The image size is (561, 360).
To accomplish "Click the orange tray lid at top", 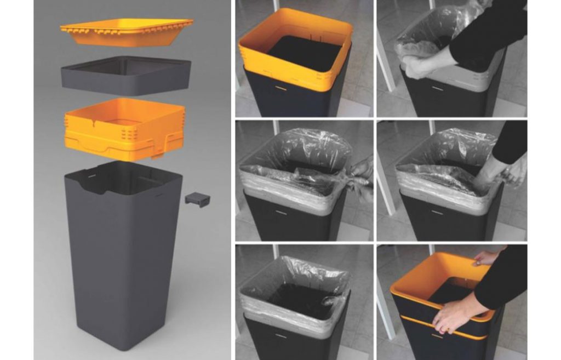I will [127, 32].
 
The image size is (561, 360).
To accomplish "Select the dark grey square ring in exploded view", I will [126, 77].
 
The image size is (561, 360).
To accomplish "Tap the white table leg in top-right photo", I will [386, 60].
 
